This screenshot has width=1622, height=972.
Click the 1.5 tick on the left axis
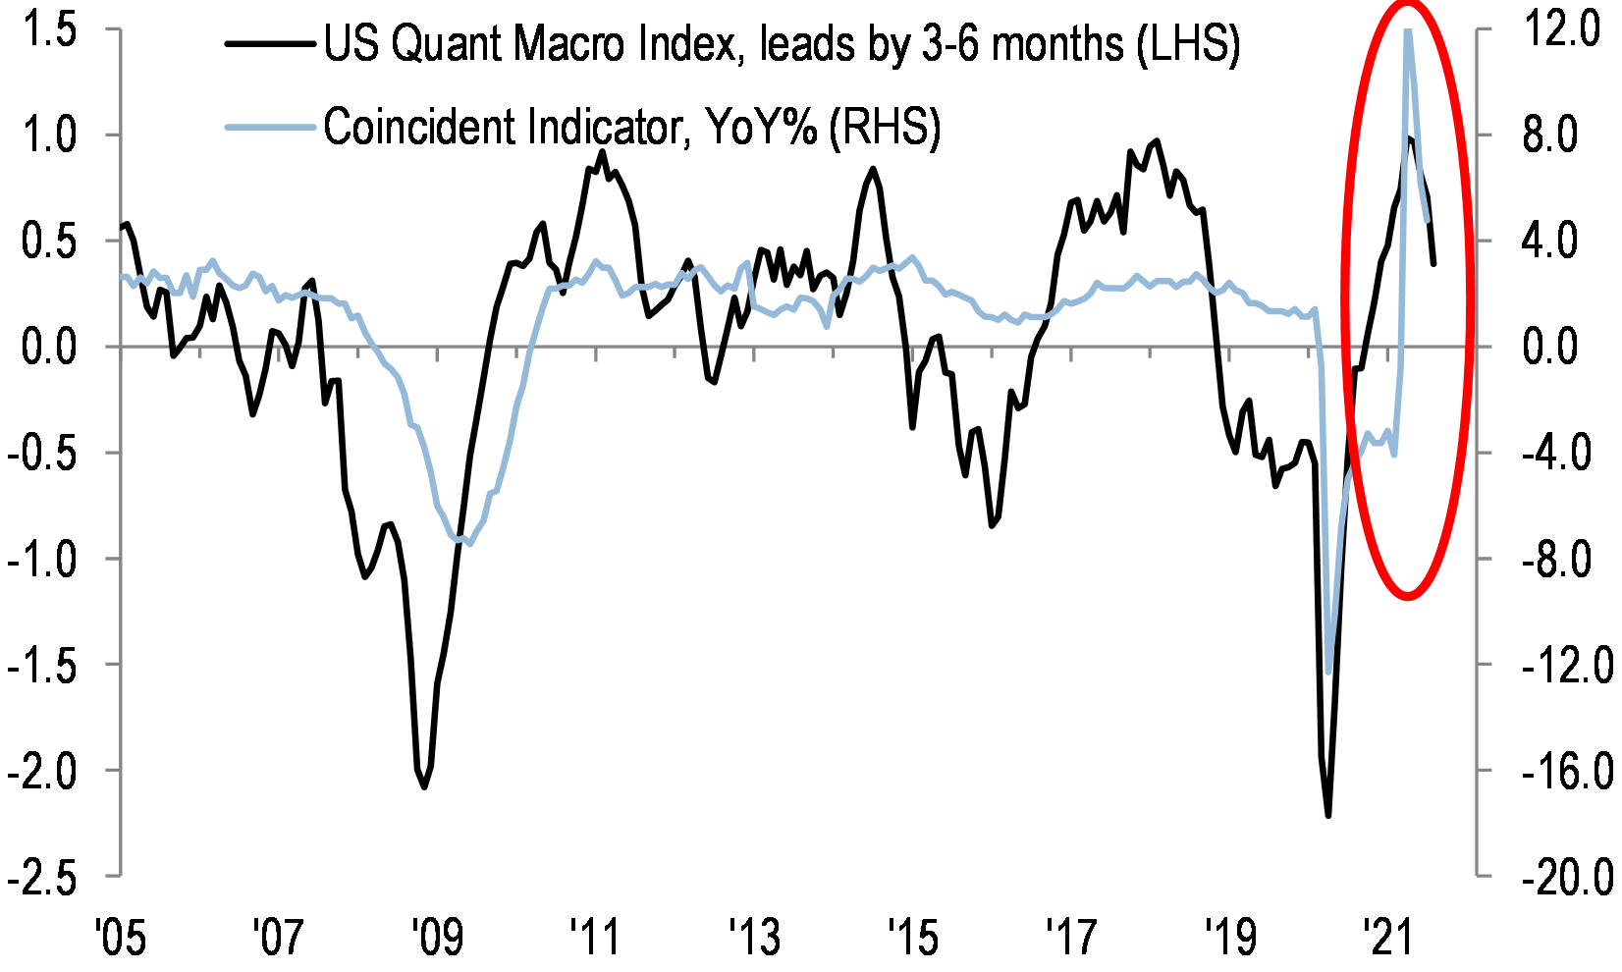[51, 31]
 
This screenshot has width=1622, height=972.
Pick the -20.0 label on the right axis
[1567, 877]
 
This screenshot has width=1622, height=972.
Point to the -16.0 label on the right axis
[1567, 772]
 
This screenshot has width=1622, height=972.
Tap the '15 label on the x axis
[912, 937]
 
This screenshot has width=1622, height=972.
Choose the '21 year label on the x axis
[1387, 937]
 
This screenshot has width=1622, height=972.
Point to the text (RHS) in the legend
[884, 127]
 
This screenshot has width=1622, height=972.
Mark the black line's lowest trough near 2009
[424, 786]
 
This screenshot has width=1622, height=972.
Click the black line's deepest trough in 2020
[1327, 815]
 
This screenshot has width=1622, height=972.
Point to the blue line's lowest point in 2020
[1328, 673]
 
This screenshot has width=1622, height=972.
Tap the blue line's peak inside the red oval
[1408, 31]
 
